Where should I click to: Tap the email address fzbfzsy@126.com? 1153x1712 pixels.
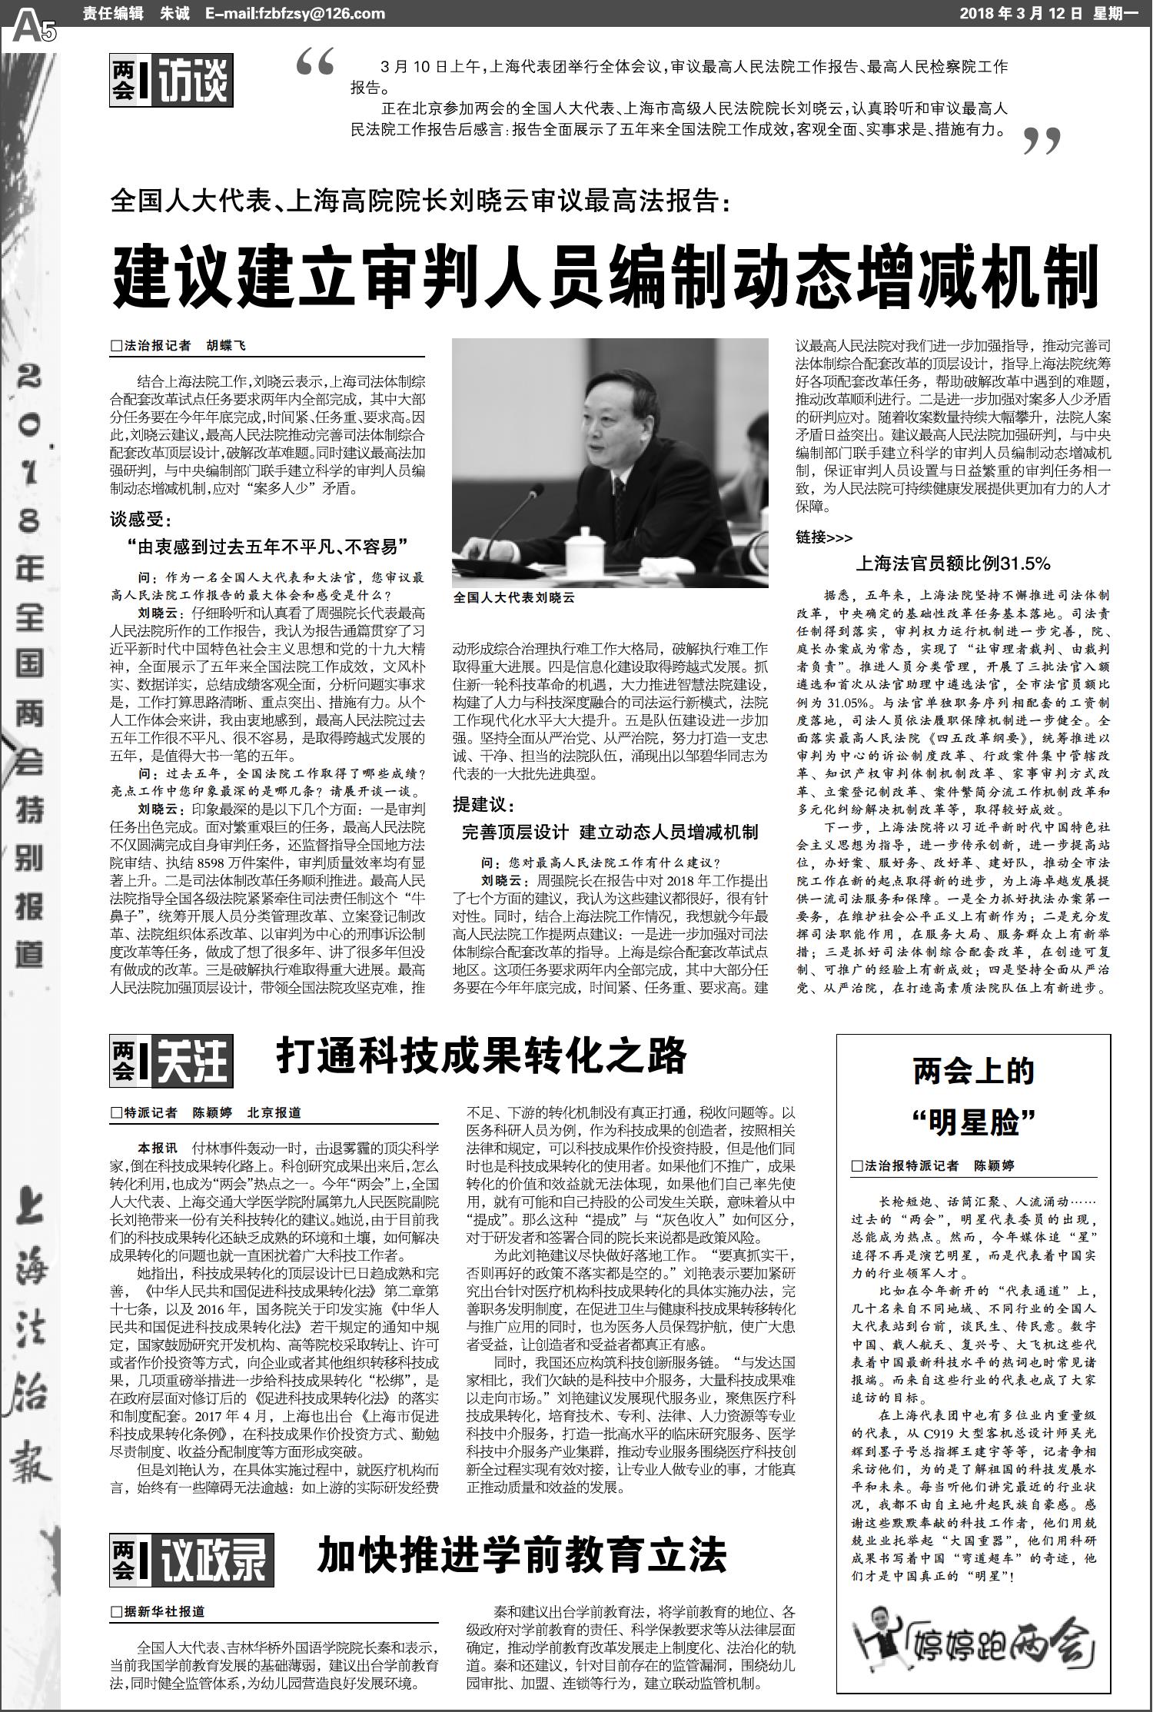(x=295, y=14)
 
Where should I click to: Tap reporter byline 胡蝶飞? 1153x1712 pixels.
(x=225, y=346)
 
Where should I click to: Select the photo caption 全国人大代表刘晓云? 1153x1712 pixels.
(x=514, y=597)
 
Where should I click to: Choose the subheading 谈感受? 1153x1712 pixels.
(x=143, y=520)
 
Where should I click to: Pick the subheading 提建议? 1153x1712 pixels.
(x=484, y=806)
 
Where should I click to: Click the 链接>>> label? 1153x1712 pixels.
(x=824, y=537)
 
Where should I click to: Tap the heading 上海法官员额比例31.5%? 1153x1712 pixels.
(x=953, y=563)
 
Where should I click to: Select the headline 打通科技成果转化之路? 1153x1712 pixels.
(x=481, y=1056)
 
